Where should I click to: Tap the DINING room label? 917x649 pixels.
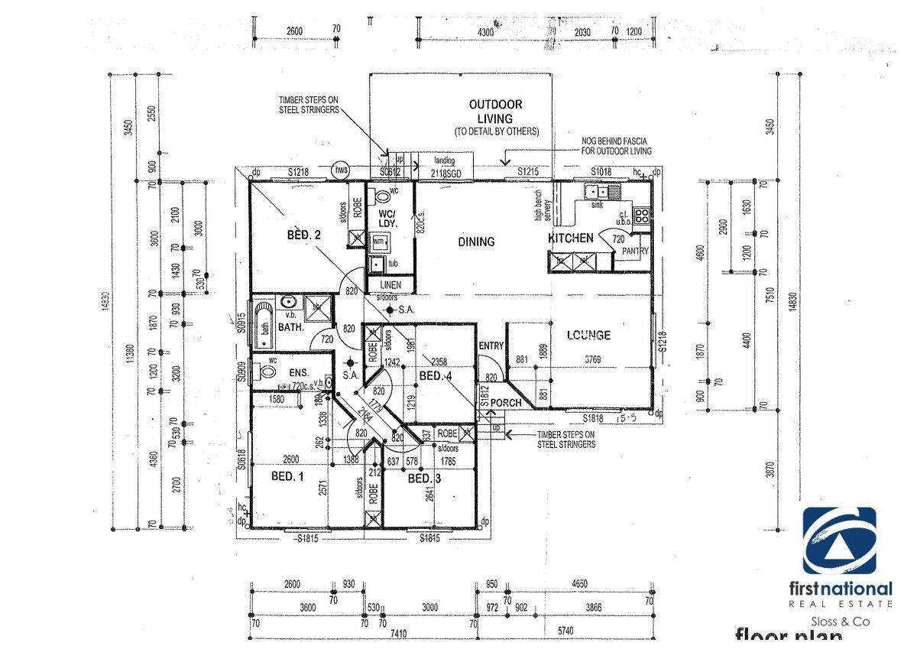pyautogui.click(x=476, y=242)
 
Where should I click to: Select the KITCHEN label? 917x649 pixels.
pyautogui.click(x=571, y=239)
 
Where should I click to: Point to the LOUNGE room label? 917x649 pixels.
pyautogui.click(x=588, y=335)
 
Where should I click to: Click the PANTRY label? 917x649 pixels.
pyautogui.click(x=635, y=251)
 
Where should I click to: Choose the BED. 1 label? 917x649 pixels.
pyautogui.click(x=287, y=475)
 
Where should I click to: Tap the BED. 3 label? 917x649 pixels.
pyautogui.click(x=424, y=479)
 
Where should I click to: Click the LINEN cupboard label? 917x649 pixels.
pyautogui.click(x=390, y=284)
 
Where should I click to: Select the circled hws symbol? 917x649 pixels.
pyautogui.click(x=341, y=170)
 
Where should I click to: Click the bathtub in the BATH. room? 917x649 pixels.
pyautogui.click(x=264, y=322)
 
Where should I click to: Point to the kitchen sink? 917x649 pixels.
pyautogui.click(x=597, y=193)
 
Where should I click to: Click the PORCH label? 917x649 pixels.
pyautogui.click(x=505, y=403)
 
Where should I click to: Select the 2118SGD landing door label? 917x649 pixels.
pyautogui.click(x=445, y=173)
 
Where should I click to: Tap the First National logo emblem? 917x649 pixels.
pyautogui.click(x=839, y=540)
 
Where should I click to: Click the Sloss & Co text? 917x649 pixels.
pyautogui.click(x=840, y=621)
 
